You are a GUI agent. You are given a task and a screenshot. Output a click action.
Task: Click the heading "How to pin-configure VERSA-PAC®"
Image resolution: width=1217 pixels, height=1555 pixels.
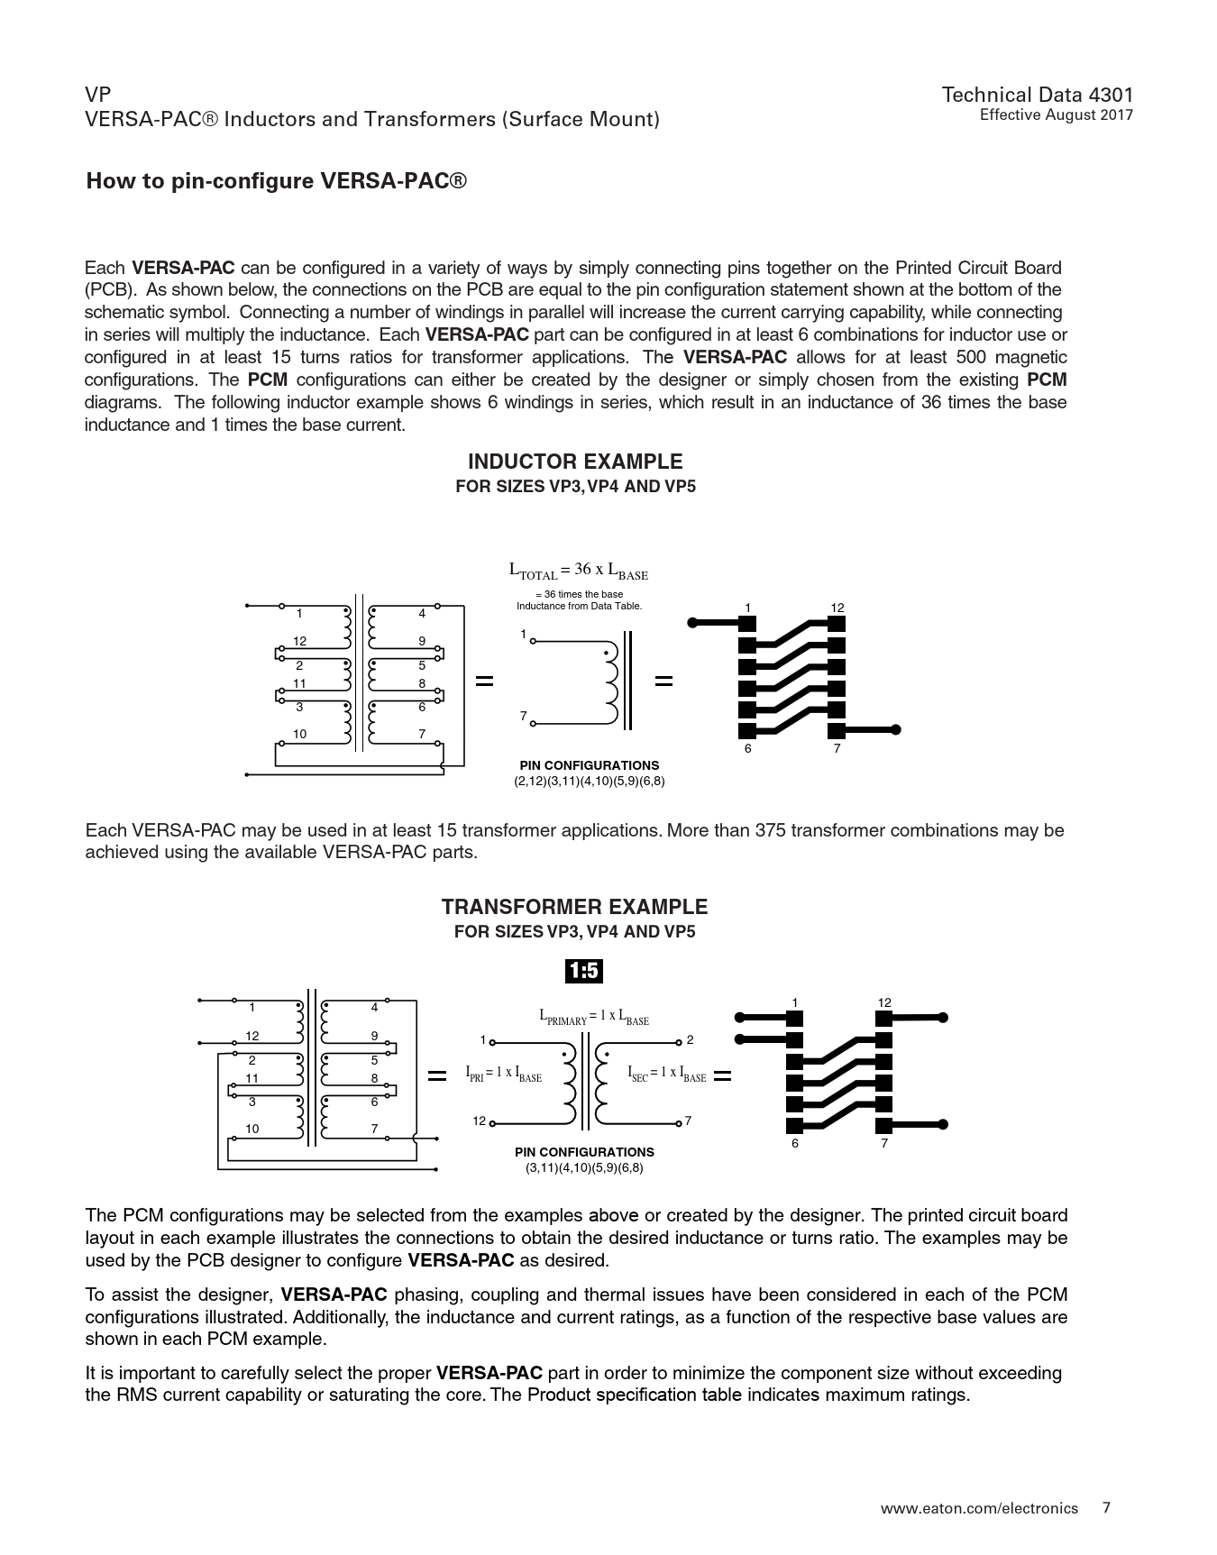277,181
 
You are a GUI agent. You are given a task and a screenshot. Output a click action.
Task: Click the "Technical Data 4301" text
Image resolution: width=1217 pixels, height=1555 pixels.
1037,95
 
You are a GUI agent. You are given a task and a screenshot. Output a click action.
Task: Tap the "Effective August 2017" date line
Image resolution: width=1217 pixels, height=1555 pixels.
1056,114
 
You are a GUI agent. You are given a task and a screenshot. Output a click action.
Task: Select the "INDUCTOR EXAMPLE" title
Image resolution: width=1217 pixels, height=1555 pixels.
575,462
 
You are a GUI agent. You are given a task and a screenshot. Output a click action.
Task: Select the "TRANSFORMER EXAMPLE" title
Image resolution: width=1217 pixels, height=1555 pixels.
574,907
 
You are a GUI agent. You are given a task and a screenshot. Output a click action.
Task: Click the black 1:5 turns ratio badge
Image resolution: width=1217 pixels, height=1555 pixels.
583,971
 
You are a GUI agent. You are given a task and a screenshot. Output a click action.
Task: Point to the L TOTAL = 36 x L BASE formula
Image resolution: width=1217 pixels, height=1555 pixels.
579,571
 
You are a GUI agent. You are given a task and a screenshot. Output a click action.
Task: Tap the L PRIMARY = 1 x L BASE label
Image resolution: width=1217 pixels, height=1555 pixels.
593,1017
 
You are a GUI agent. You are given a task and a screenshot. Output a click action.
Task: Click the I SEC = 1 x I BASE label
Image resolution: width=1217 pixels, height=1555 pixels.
666,1073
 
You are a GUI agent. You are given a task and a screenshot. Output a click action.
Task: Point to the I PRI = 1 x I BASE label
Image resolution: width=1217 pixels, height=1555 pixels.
503,1073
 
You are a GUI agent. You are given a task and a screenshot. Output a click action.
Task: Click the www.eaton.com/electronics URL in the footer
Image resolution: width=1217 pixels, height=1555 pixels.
979,1508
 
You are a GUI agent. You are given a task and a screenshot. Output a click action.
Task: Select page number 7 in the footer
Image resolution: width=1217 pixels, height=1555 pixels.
1107,1507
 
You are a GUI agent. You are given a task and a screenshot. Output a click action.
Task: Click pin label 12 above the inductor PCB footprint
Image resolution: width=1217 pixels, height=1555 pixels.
837,608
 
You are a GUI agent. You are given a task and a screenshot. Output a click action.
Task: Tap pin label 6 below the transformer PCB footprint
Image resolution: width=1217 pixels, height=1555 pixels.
795,1143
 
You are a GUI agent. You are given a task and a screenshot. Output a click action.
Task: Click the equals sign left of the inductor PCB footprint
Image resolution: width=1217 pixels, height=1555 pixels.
663,681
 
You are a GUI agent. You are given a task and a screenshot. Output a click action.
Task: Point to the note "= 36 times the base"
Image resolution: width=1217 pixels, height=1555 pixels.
579,594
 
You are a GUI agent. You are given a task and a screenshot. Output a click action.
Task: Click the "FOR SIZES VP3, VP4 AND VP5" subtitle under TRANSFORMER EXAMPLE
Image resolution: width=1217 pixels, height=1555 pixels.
574,931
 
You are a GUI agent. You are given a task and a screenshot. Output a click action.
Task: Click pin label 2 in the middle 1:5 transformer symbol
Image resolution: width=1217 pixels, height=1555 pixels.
690,1040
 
